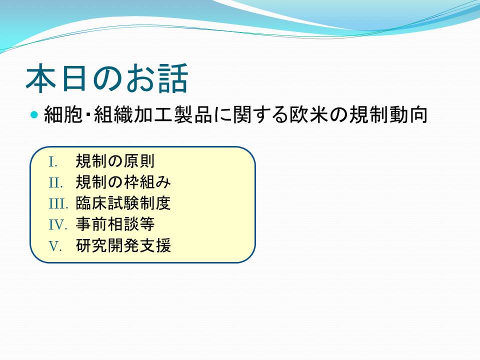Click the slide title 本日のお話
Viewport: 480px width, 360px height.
point(107,78)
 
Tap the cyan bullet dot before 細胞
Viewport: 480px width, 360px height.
point(34,115)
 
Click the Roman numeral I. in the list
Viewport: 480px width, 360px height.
point(53,162)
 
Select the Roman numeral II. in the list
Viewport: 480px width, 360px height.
point(55,183)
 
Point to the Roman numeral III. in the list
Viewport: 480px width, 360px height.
point(58,204)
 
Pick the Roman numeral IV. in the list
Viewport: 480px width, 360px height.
point(58,225)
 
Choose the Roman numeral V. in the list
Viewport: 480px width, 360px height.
point(55,246)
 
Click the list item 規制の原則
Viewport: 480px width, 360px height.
point(115,161)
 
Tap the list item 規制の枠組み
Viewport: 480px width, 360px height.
point(123,182)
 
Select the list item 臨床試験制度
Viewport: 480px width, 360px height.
point(123,203)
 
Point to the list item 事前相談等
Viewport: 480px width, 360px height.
point(115,224)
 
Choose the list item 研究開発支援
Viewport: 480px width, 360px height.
point(123,245)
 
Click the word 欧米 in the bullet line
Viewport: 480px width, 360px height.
point(309,114)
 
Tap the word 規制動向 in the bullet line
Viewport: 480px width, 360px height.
point(388,114)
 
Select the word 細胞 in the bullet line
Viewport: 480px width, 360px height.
point(63,114)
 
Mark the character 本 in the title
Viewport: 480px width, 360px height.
point(41,78)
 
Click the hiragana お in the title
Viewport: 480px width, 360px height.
point(140,78)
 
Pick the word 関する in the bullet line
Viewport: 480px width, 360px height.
point(261,114)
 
